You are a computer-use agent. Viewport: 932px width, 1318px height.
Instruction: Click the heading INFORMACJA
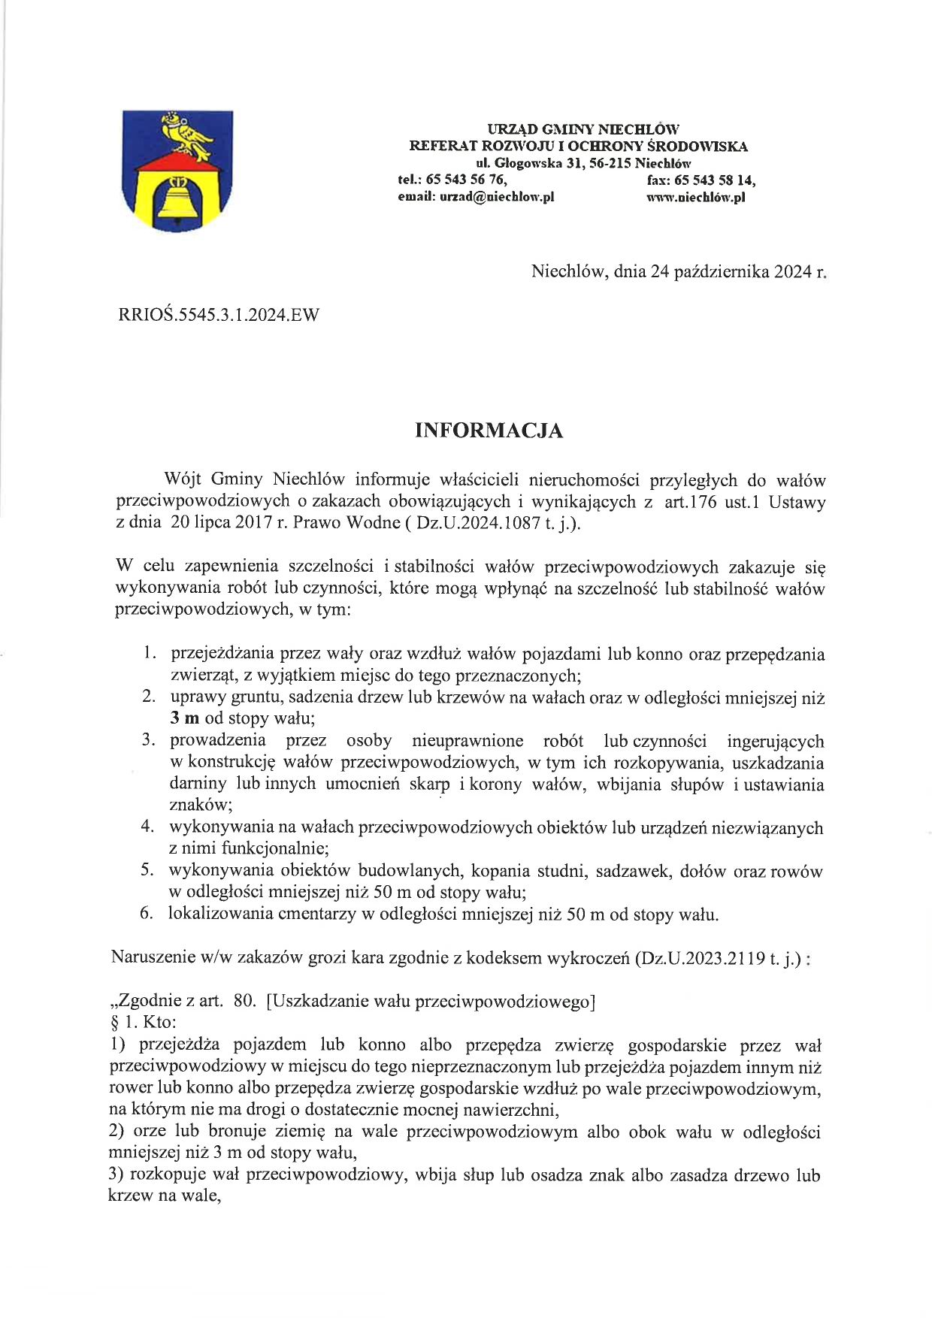489,431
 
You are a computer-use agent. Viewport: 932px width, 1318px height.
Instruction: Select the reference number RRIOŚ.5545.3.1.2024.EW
219,315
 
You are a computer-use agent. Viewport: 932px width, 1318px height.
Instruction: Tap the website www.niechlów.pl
695,197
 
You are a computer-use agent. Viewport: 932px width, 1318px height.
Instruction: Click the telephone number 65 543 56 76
466,180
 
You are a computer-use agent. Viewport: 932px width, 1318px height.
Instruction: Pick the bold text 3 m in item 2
184,718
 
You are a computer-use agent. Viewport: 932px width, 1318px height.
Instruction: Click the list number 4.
147,827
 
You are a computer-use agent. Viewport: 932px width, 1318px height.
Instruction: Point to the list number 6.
147,914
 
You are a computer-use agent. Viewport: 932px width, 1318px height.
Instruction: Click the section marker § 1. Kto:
143,1023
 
